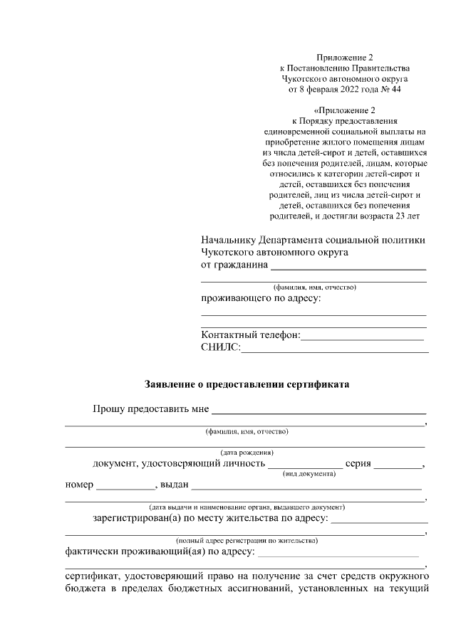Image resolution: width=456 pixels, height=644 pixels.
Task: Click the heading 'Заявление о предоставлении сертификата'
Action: point(247,384)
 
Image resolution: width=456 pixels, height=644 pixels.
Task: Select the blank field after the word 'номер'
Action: point(125,488)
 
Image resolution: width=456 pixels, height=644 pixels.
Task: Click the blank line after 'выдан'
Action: point(306,488)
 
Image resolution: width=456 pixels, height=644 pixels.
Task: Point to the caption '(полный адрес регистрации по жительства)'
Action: point(247,540)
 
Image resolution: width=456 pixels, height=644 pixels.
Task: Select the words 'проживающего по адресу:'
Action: point(261,298)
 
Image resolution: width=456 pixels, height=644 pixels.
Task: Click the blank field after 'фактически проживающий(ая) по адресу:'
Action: point(338,554)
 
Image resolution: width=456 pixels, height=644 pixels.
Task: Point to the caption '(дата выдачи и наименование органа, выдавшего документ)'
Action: point(247,507)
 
